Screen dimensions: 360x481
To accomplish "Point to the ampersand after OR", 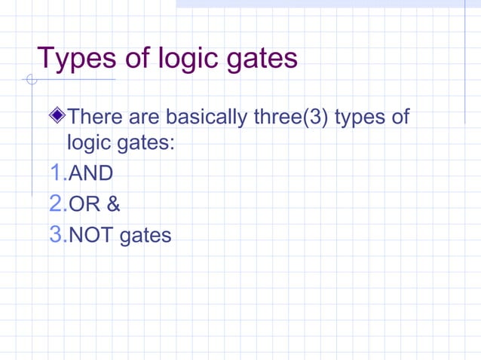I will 113,205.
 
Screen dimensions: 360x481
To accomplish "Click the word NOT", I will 88,236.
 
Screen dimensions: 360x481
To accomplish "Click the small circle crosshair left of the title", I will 30,80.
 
